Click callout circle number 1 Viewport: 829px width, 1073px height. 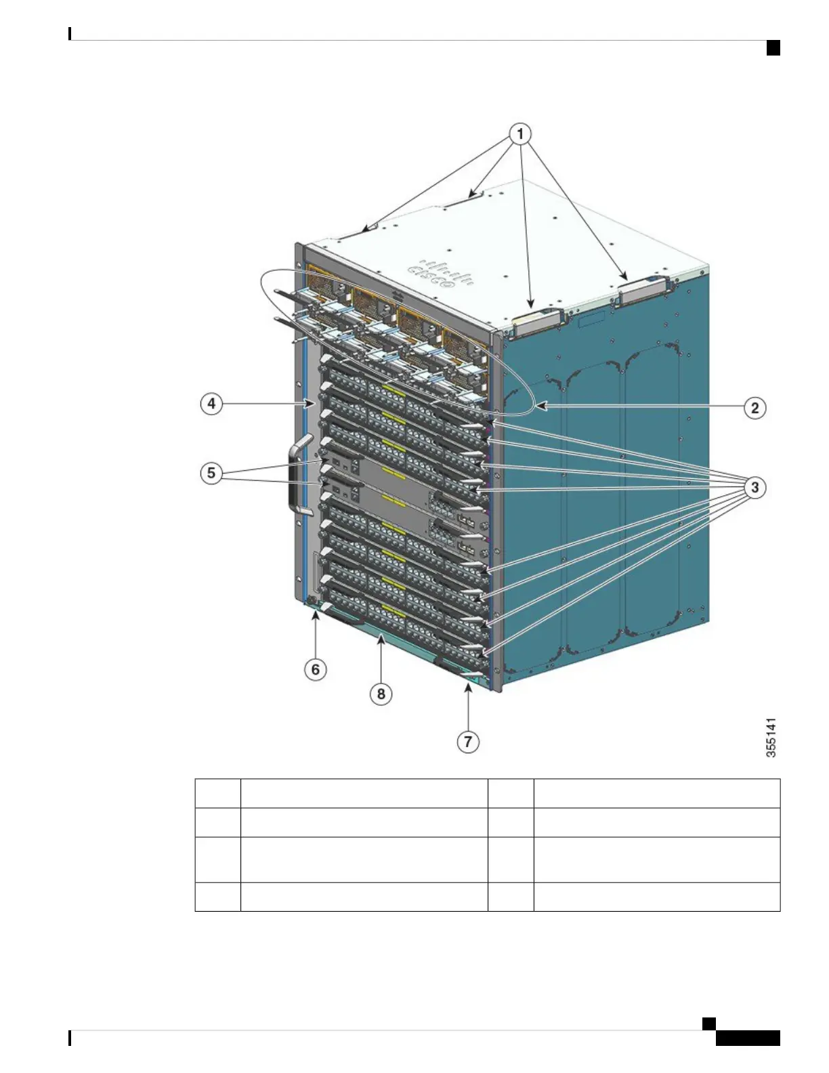tap(520, 134)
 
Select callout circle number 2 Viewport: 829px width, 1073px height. tap(754, 408)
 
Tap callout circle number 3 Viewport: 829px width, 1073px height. tap(754, 487)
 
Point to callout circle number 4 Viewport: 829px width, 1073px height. tap(211, 404)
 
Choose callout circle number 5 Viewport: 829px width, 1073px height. tap(211, 472)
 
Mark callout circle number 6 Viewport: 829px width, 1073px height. tap(316, 670)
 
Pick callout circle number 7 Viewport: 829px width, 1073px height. tap(468, 742)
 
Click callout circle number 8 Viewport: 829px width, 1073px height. tap(381, 694)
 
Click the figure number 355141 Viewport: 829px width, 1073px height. tap(771, 738)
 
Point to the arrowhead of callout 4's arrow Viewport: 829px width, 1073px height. tap(313, 404)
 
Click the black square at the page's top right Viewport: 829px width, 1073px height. tap(773, 47)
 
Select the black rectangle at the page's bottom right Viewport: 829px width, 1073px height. tap(748, 1038)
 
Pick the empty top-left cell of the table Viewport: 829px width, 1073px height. tap(217, 793)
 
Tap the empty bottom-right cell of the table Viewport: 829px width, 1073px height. tap(656, 896)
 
